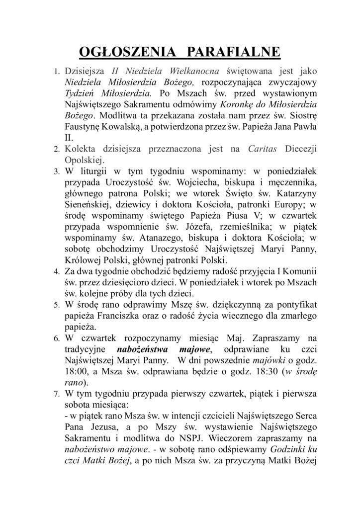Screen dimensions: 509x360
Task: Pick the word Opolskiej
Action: click(x=84, y=160)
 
